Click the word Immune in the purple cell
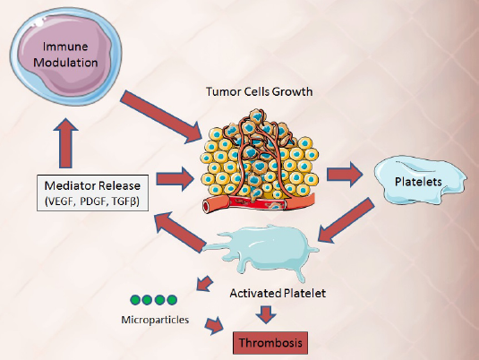[65, 47]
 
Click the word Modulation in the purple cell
[65, 63]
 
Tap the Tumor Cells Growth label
[260, 91]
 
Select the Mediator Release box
[92, 193]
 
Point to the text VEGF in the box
[60, 201]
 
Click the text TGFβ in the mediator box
[125, 201]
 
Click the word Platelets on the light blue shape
[418, 182]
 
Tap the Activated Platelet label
[278, 293]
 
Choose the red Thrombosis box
[270, 343]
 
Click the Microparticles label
[155, 320]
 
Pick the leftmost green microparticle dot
[135, 300]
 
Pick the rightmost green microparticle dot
[172, 300]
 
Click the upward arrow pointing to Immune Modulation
[65, 143]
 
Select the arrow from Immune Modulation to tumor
[161, 117]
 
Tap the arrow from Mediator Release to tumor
[175, 179]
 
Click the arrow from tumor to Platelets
[345, 175]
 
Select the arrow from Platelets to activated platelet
[346, 220]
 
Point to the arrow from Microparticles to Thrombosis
[214, 326]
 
